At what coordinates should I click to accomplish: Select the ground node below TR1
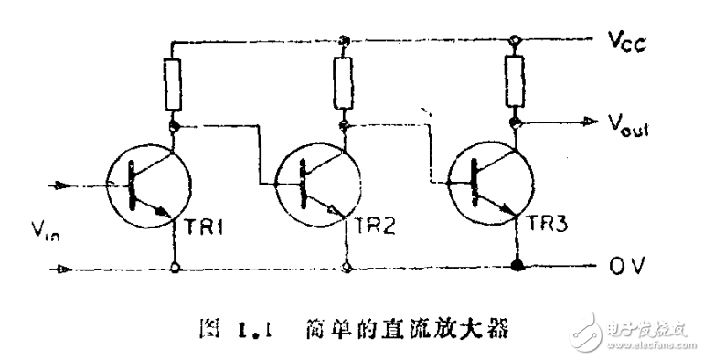coord(174,269)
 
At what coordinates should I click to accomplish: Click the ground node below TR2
coord(346,269)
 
